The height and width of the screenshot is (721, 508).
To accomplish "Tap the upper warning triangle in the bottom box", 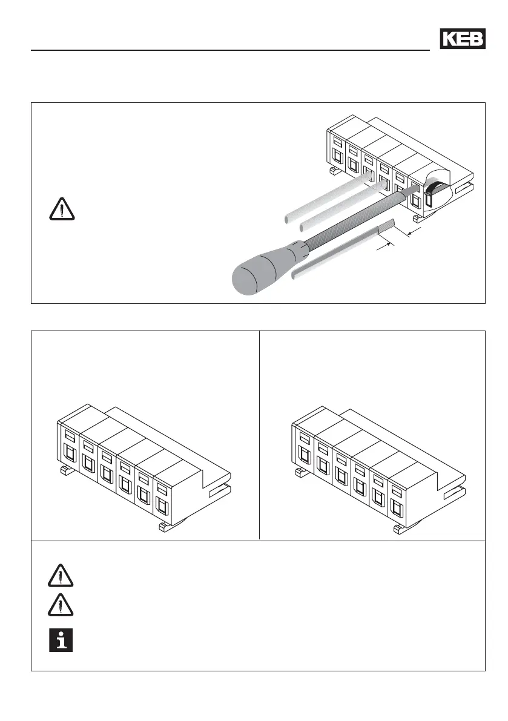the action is (61, 576).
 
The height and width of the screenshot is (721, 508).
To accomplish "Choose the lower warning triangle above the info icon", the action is (61, 606).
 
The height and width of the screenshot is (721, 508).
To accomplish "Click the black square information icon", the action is (61, 640).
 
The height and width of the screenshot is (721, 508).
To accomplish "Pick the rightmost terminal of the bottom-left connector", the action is (161, 496).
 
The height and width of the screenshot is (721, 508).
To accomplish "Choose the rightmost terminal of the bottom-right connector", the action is (396, 496).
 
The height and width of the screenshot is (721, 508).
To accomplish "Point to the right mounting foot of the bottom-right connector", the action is (400, 528).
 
